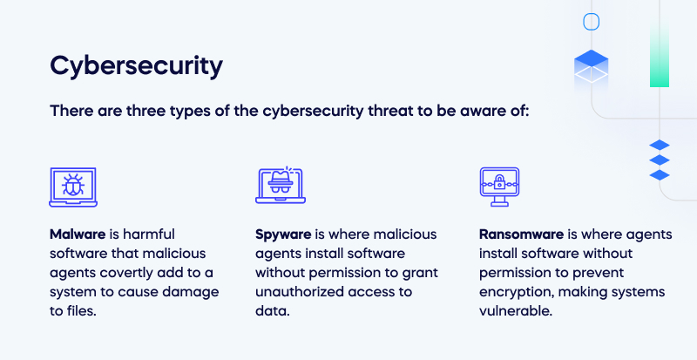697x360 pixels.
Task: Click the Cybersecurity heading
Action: (x=136, y=66)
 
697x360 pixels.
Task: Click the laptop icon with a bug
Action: (x=72, y=187)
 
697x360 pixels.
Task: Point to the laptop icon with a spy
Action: (x=281, y=187)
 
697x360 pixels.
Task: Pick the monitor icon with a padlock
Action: (x=499, y=187)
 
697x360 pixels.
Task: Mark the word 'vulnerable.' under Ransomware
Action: (x=516, y=310)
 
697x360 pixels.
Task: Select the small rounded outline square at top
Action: (x=592, y=22)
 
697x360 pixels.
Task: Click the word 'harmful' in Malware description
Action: (x=150, y=234)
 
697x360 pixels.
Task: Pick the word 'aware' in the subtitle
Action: (x=490, y=112)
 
